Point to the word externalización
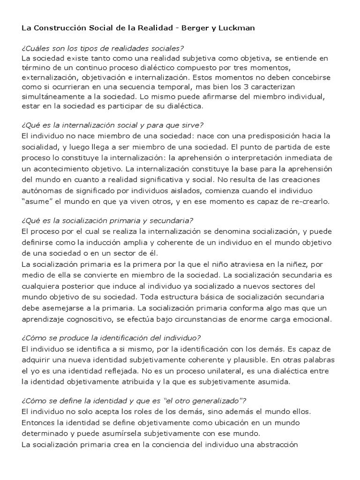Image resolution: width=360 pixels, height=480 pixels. (48, 77)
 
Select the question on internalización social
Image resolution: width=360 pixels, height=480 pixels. (112, 126)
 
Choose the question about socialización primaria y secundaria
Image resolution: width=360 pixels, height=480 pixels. (107, 220)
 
